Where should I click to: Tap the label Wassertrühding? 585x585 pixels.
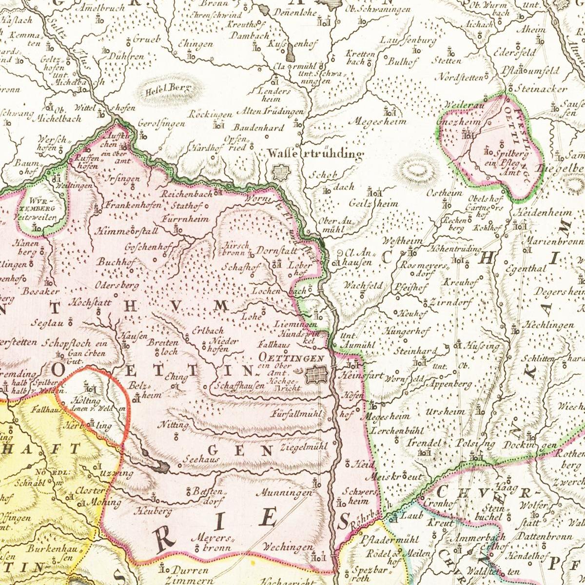(315, 155)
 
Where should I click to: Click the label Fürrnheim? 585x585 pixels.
(186, 218)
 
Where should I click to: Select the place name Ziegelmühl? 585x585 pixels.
(304, 446)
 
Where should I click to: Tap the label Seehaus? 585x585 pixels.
(201, 459)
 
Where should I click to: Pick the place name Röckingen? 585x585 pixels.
(211, 115)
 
